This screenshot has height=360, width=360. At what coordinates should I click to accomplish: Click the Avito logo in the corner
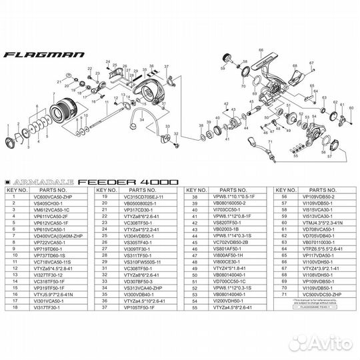coord(331,343)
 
